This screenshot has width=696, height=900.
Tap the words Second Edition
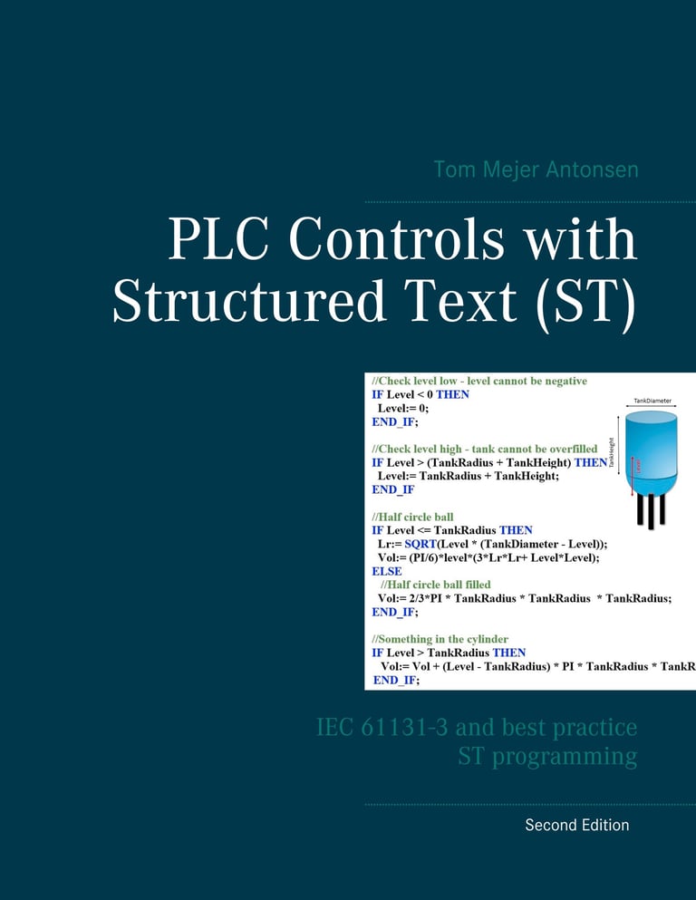coord(576,825)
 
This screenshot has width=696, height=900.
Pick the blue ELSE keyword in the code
coord(387,572)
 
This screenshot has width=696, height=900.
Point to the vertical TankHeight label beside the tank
coord(611,450)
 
